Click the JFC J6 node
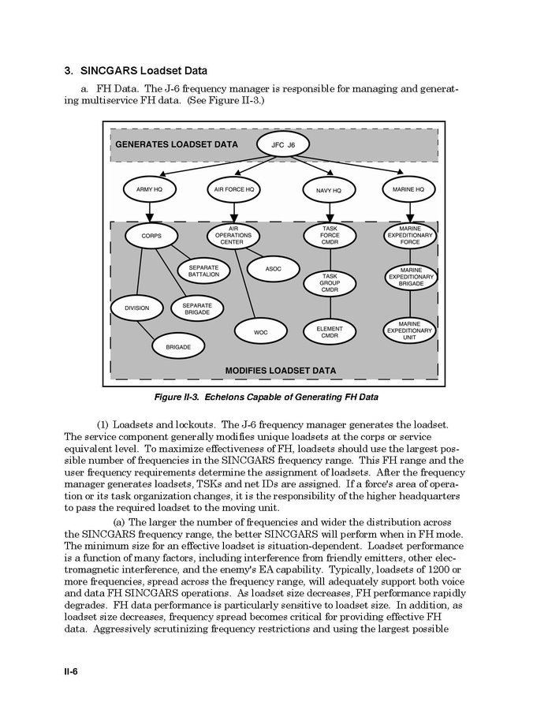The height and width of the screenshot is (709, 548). coord(282,144)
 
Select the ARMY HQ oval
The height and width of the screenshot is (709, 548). coord(149,189)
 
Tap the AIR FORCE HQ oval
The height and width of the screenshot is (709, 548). coord(234,189)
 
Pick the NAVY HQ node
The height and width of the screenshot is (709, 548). coord(329,190)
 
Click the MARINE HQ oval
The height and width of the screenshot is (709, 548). coord(408,189)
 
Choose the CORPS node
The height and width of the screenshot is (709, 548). coord(151,236)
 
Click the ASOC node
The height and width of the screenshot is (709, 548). coord(273,269)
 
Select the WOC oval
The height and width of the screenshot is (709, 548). coord(260,332)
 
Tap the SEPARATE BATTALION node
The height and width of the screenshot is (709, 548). coord(203,271)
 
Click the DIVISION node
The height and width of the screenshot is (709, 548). coord(136,308)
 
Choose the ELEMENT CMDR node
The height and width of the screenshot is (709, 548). coord(330,331)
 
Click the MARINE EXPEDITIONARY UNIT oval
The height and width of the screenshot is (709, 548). coord(409,330)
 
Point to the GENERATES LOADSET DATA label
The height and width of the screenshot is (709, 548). coord(176,145)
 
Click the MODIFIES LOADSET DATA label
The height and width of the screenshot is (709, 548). coord(281,370)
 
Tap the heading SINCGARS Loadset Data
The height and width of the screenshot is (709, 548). coord(136,71)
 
